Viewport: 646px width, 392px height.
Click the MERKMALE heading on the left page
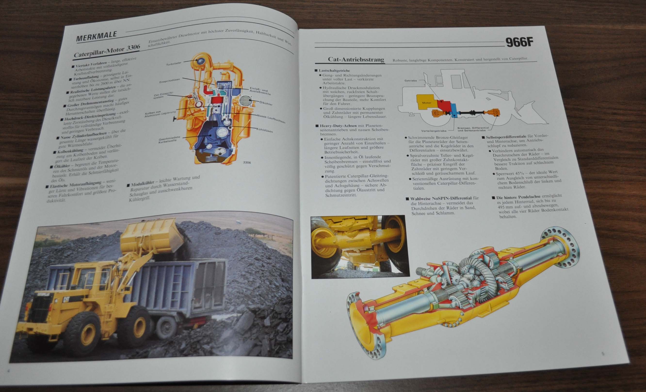click(97, 37)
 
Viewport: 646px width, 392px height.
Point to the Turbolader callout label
click(174, 64)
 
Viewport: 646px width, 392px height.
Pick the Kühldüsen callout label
click(265, 130)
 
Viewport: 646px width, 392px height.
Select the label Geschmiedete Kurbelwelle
click(169, 139)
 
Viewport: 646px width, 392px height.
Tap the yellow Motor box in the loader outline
click(427, 103)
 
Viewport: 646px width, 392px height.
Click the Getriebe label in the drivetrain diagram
click(411, 80)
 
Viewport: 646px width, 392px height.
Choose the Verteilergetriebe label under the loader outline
click(434, 130)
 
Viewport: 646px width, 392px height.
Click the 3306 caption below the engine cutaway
click(247, 162)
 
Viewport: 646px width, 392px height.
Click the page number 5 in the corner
click(603, 353)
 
